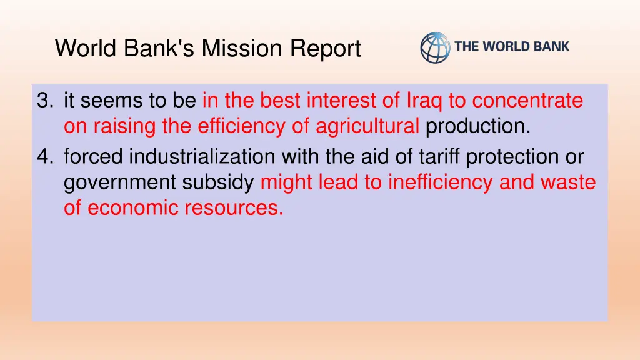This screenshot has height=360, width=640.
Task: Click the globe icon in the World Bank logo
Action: point(435,47)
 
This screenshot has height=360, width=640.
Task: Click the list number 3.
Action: point(43,101)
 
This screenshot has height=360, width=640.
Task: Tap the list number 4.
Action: point(43,156)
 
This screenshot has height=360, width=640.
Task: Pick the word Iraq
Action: point(425,101)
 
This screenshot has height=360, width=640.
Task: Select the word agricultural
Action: point(367,127)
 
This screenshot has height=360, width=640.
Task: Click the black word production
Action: point(477,127)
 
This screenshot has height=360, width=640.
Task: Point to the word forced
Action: point(94,156)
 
